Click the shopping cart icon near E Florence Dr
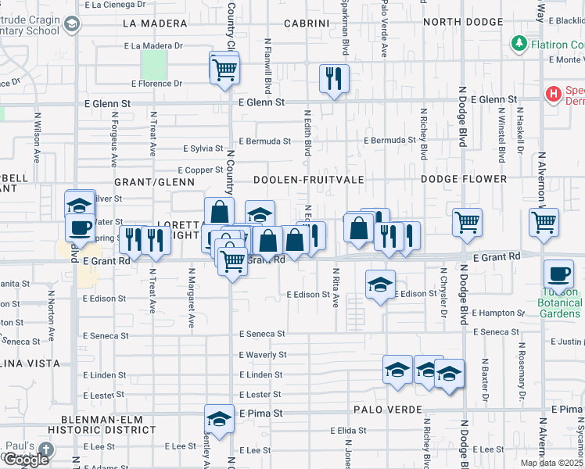(224, 69)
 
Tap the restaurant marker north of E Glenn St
(334, 78)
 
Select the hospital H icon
(554, 95)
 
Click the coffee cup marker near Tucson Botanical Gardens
(558, 274)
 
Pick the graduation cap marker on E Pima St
(220, 420)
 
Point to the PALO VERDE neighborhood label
(387, 410)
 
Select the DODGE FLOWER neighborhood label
(464, 179)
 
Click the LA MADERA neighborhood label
(153, 23)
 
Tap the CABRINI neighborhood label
(307, 23)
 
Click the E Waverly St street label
(263, 354)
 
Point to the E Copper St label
(201, 170)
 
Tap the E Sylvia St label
(203, 149)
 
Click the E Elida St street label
(349, 431)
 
